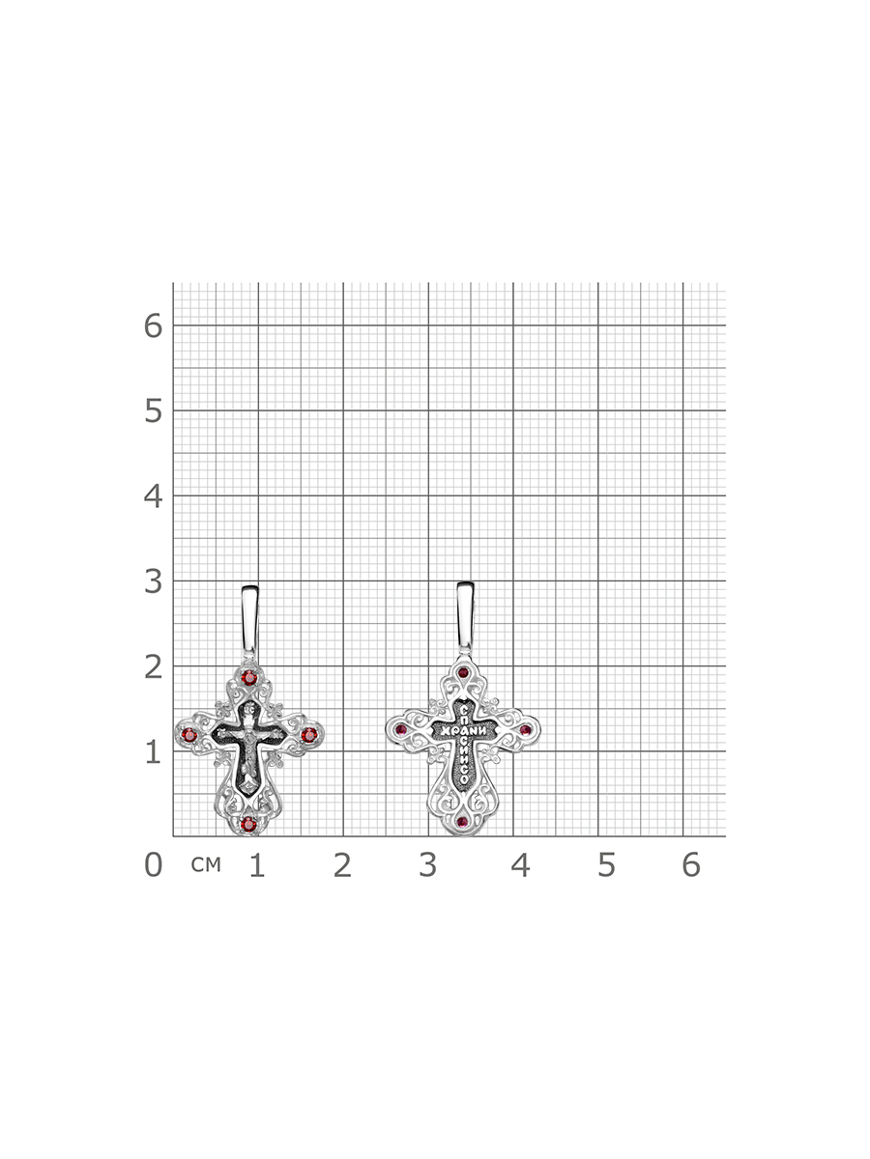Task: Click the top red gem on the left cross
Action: (248, 677)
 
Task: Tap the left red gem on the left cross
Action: (188, 734)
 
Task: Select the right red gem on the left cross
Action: (309, 734)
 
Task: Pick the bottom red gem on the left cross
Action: (248, 824)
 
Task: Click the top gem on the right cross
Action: (463, 672)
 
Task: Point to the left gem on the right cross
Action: (401, 730)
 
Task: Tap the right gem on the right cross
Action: (525, 730)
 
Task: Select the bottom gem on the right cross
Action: (463, 822)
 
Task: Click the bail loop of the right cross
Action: (465, 618)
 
